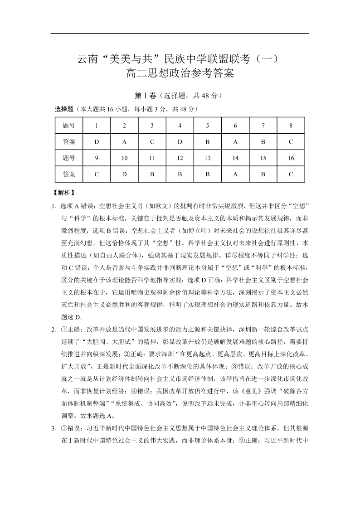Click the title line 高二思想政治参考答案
tap(180, 73)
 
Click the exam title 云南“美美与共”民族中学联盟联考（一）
tap(180, 59)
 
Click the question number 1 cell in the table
tap(97, 126)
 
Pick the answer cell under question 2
tap(124, 142)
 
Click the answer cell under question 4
tap(180, 142)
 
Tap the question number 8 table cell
tap(291, 126)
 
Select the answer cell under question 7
tap(263, 142)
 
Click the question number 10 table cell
tap(124, 158)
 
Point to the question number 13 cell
tap(208, 158)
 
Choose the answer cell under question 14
tap(235, 174)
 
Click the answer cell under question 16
tap(291, 174)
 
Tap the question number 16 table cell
tap(291, 158)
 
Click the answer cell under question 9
tap(97, 174)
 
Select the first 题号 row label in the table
tap(69, 126)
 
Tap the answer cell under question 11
tap(152, 174)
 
